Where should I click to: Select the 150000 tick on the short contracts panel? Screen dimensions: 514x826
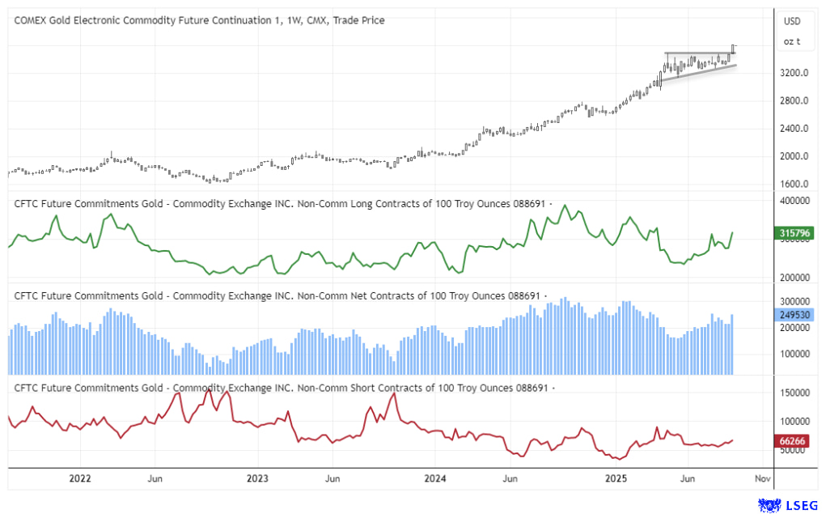[794, 393]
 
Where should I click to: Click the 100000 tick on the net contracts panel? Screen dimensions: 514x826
[794, 355]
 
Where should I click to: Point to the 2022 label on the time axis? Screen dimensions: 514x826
[79, 478]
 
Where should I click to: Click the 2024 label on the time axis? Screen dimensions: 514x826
[435, 478]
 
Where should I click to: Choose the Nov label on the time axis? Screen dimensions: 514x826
[761, 478]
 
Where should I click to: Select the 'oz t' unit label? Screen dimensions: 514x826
[792, 41]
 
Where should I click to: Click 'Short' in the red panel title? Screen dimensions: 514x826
[341, 389]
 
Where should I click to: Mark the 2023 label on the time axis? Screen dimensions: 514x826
[257, 478]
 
